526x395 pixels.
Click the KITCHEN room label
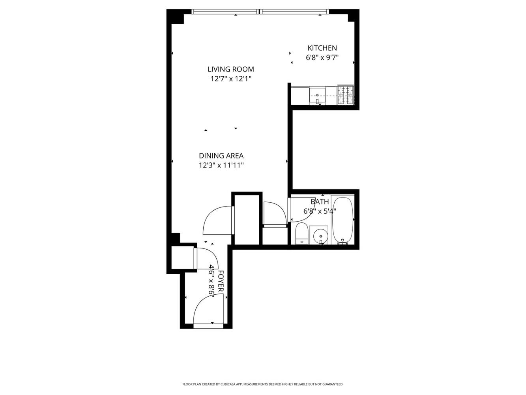322,48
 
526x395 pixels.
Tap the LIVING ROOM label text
231,70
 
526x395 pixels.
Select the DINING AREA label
221,156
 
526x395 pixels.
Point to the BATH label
319,202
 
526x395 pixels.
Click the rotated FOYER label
221,281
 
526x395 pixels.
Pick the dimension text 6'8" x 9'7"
322,58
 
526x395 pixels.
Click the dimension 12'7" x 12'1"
231,79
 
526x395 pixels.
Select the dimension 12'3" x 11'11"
221,166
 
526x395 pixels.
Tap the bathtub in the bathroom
343,219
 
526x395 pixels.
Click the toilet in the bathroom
302,233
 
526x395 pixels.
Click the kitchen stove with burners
345,95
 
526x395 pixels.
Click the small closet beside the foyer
182,258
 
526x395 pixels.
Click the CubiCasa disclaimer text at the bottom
263,384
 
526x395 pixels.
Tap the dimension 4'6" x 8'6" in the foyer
212,281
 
